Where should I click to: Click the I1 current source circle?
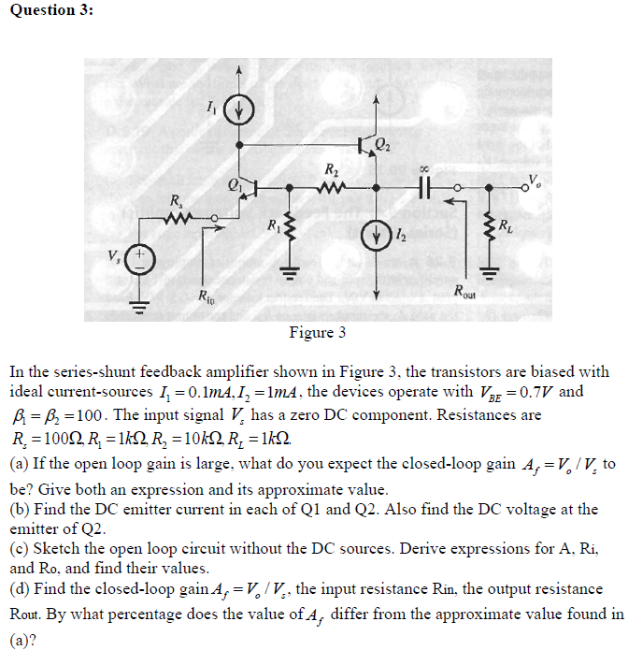240,109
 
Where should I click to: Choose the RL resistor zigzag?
486,224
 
